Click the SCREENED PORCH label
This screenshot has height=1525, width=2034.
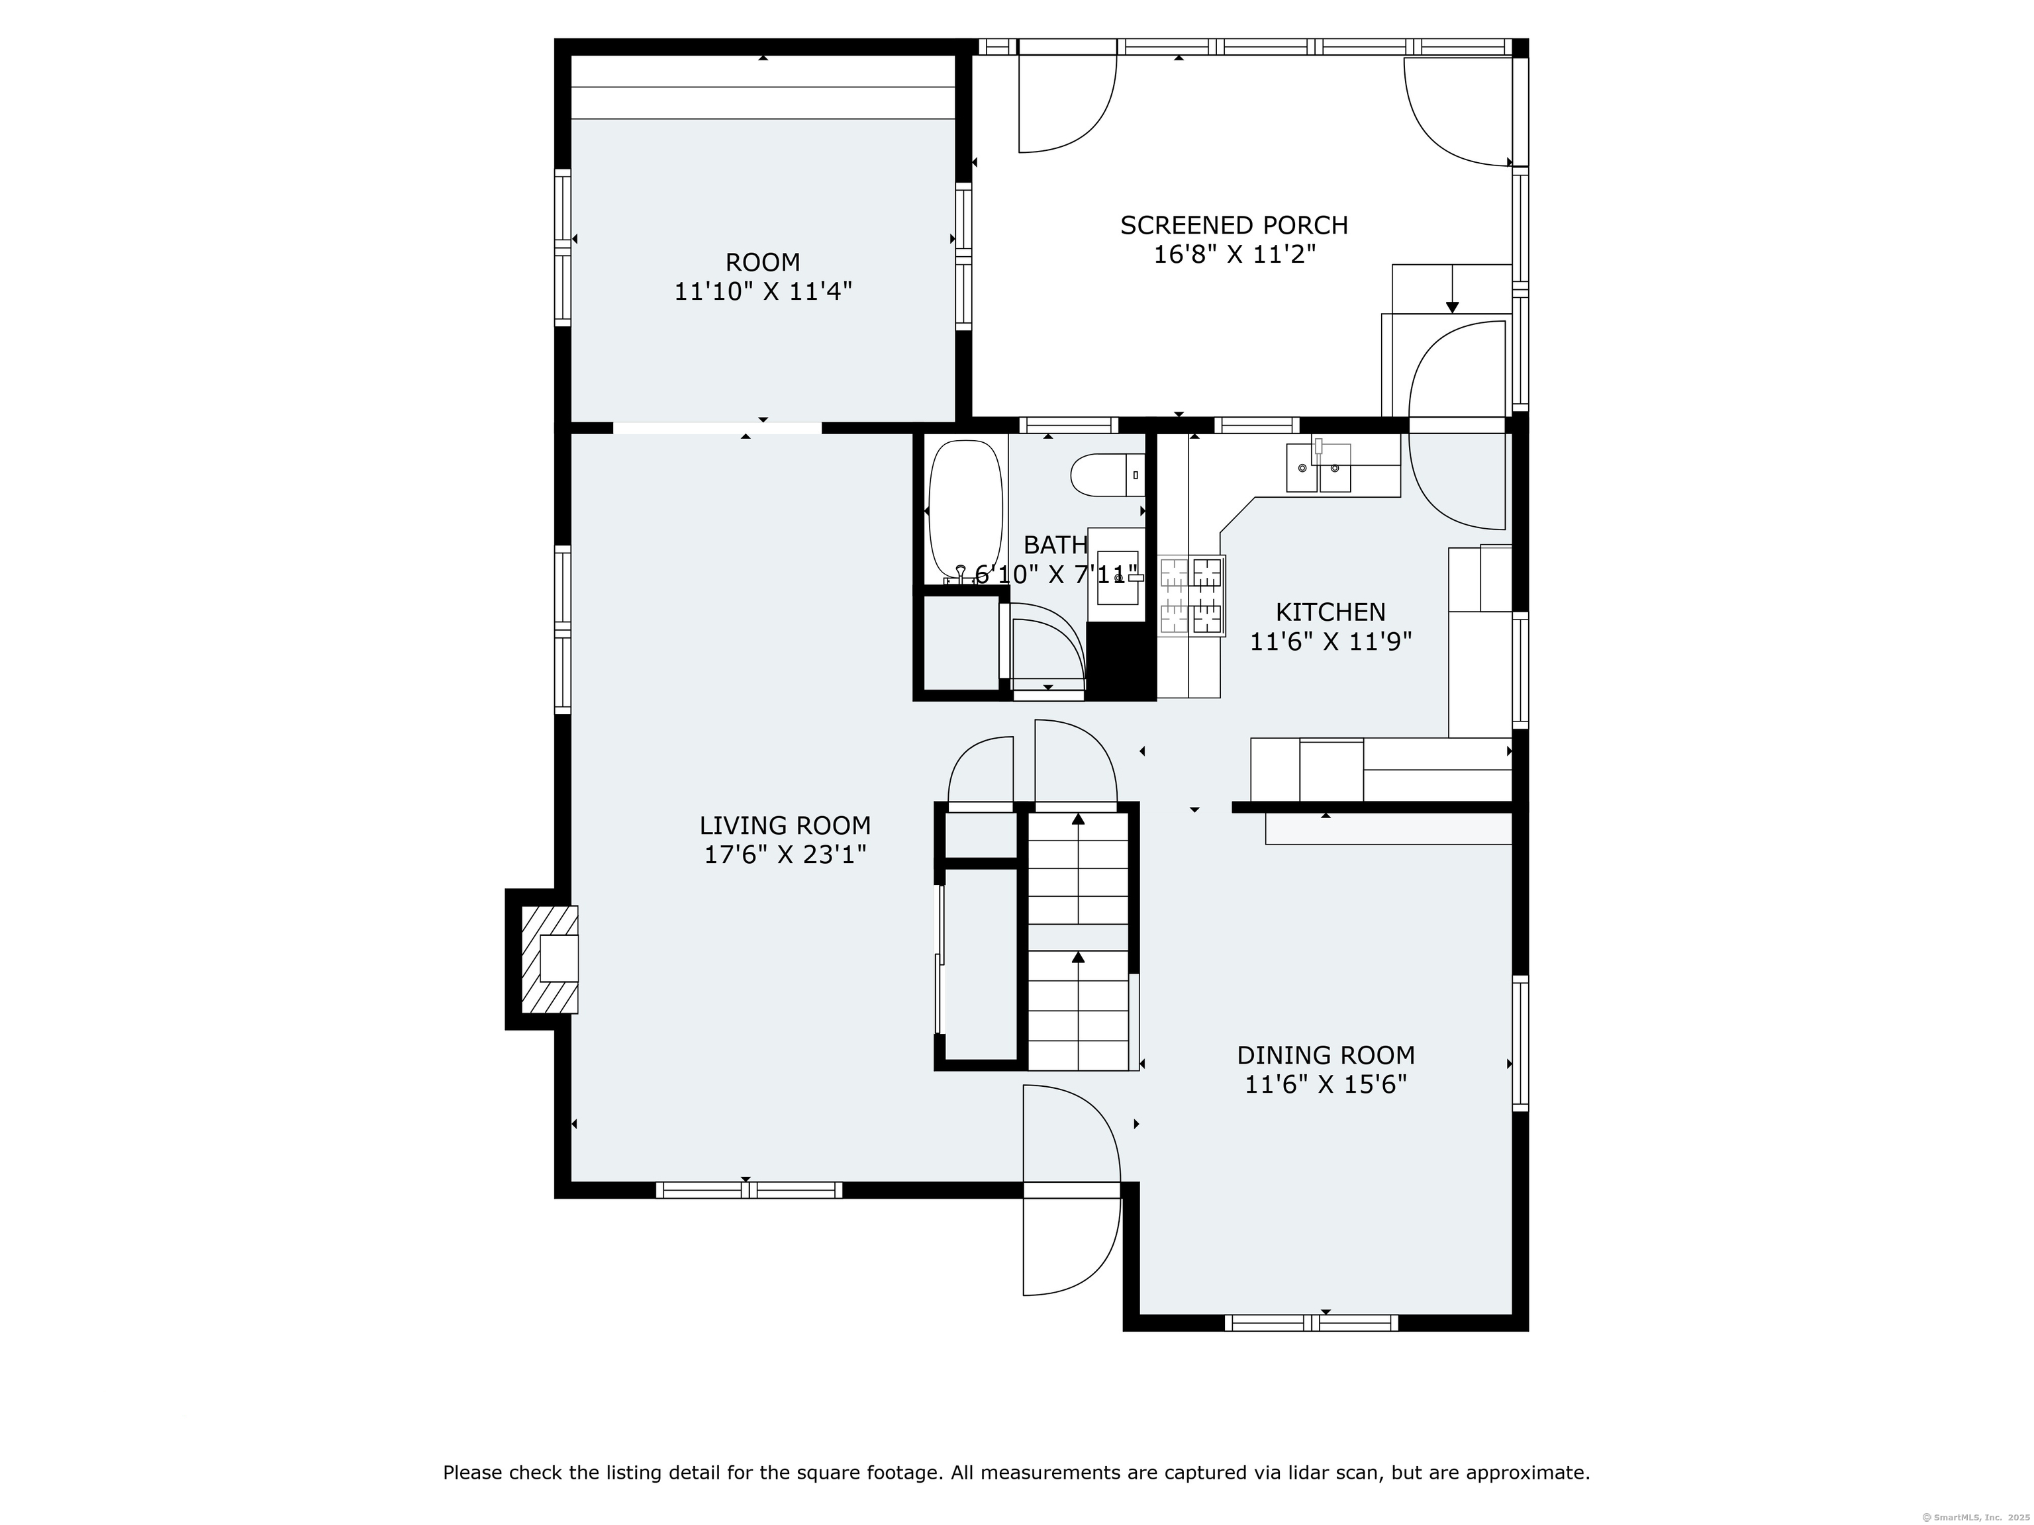coord(1234,225)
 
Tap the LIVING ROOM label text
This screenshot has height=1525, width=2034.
coord(785,825)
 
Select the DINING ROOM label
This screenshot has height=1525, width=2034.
coord(1326,1055)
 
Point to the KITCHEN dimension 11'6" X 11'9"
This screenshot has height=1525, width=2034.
coord(1331,641)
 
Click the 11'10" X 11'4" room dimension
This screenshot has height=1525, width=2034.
coord(763,291)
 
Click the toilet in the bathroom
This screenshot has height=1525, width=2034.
coord(1108,475)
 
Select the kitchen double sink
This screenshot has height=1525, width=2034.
coord(1319,468)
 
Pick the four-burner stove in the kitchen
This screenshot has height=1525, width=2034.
coord(1192,596)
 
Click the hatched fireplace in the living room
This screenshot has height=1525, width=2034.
coord(550,959)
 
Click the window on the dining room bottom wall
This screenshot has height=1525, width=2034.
coord(1311,1322)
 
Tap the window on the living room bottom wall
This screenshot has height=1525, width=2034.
coord(750,1190)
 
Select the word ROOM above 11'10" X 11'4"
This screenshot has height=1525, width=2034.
coord(763,262)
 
